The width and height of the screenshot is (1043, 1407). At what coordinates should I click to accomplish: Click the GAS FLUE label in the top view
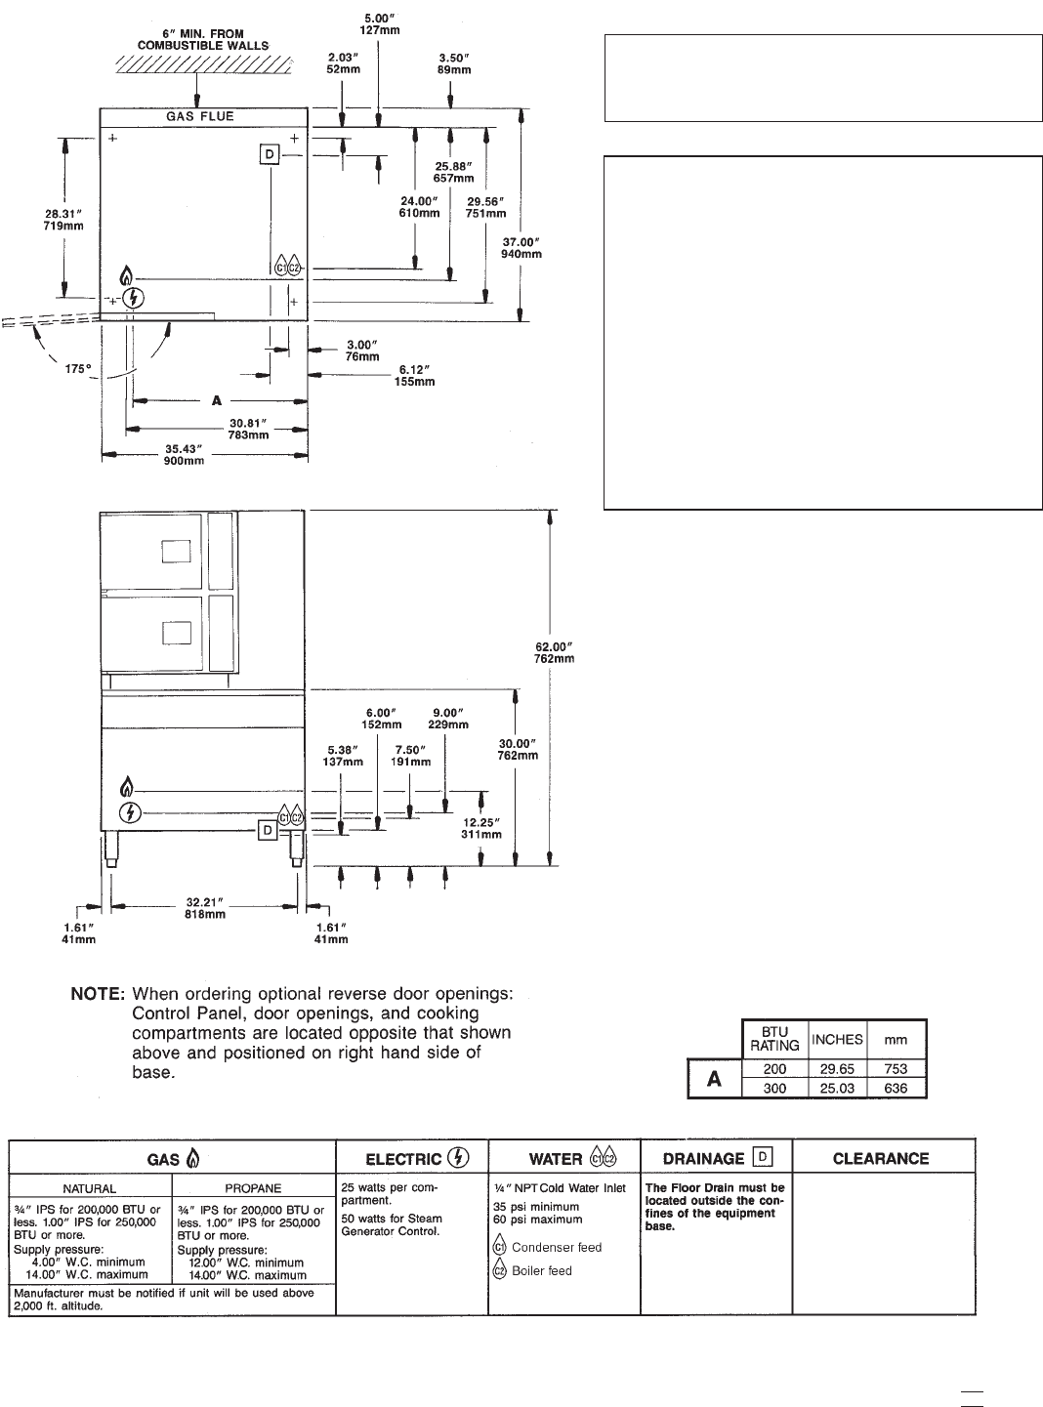point(199,116)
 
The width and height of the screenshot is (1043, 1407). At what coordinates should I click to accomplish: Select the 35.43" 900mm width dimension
point(185,455)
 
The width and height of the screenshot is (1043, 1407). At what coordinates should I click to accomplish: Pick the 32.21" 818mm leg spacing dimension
point(206,908)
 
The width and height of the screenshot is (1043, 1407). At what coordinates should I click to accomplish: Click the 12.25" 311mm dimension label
point(481,828)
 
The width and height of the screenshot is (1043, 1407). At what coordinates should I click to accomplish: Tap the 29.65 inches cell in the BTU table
point(837,1069)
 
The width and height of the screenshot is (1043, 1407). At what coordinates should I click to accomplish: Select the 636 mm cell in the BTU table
point(896,1088)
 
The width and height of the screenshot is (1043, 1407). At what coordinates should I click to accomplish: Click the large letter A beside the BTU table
point(715,1080)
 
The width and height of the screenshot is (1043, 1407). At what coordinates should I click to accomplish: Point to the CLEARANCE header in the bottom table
point(881,1159)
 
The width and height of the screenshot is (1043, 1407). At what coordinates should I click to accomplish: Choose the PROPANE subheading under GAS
point(253,1188)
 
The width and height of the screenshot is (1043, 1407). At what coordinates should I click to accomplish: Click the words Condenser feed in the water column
point(557,1247)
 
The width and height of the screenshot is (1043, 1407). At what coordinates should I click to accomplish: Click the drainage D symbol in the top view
point(269,153)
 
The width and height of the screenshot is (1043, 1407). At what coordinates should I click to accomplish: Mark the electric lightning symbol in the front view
point(128,811)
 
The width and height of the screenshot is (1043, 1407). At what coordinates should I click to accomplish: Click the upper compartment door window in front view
point(175,554)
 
